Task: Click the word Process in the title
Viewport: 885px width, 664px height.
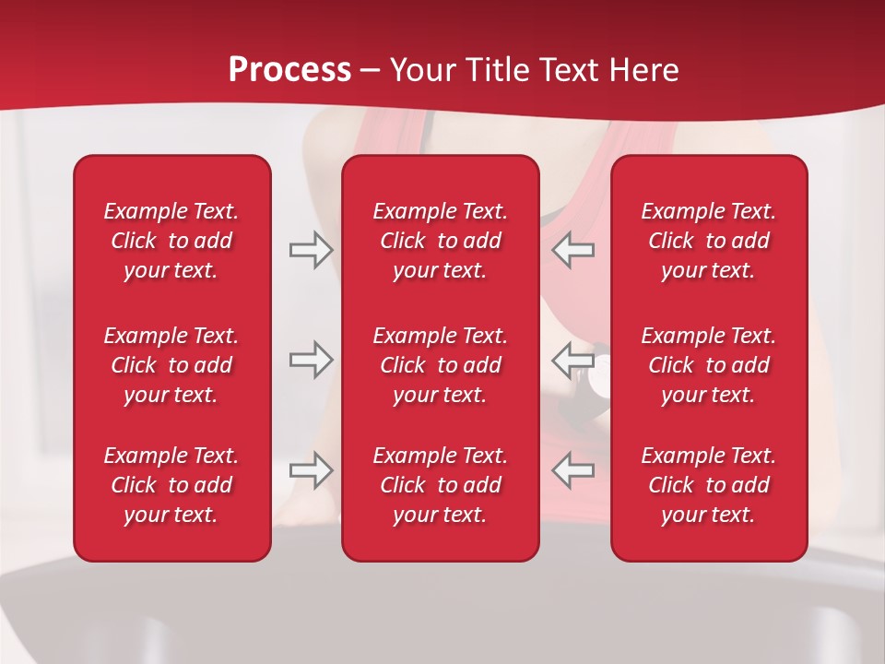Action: click(289, 70)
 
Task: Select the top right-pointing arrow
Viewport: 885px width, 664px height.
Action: click(311, 250)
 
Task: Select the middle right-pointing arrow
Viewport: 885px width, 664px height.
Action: click(311, 359)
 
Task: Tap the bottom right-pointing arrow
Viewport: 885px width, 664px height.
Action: click(311, 470)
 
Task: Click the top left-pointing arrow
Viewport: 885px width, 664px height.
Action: click(573, 250)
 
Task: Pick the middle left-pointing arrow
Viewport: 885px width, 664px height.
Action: click(573, 359)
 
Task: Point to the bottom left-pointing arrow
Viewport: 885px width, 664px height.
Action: click(573, 470)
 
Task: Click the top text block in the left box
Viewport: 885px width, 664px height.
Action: click(171, 241)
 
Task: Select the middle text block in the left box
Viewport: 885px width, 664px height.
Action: click(171, 365)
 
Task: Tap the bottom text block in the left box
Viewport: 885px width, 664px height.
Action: click(171, 485)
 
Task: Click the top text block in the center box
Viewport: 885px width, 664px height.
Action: click(440, 241)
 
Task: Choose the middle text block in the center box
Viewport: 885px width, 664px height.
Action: click(440, 365)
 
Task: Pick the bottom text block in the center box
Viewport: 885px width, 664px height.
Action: click(440, 485)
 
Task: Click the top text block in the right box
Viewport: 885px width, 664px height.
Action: click(708, 241)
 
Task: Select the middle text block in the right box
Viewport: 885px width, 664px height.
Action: click(708, 365)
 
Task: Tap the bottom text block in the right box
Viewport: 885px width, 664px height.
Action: click(708, 485)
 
